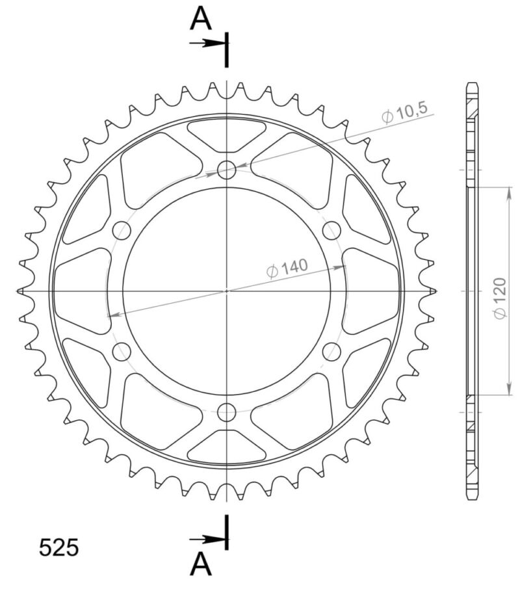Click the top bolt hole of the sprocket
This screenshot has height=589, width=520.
[226, 171]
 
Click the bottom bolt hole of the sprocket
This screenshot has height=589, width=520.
[226, 412]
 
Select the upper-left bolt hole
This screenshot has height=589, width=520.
[122, 230]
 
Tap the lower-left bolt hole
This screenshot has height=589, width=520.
[122, 352]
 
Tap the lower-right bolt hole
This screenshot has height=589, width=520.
[331, 352]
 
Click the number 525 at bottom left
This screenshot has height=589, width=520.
[58, 547]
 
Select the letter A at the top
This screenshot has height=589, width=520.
[201, 20]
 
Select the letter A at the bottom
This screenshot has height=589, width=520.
[201, 564]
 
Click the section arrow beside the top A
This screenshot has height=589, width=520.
[207, 44]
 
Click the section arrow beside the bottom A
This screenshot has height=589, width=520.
[207, 539]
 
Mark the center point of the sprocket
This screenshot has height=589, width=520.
[226, 291]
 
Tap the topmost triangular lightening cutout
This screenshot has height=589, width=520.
[226, 135]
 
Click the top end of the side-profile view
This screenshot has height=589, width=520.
[473, 86]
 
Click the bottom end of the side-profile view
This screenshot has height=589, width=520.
[473, 497]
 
